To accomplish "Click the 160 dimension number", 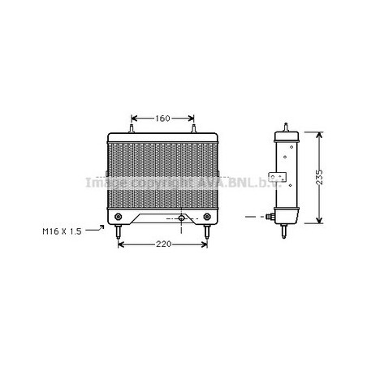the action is [162, 119].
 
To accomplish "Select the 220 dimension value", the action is [163, 244].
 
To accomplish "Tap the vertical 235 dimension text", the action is [319, 178].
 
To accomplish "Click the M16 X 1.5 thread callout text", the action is [62, 231].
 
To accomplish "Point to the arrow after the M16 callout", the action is [95, 229].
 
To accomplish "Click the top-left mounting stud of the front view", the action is [132, 128].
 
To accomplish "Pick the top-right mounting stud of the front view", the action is [193, 128].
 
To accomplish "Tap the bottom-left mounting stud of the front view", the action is [118, 231].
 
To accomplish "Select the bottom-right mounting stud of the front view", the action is [207, 231].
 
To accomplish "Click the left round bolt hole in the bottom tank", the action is [118, 217].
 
